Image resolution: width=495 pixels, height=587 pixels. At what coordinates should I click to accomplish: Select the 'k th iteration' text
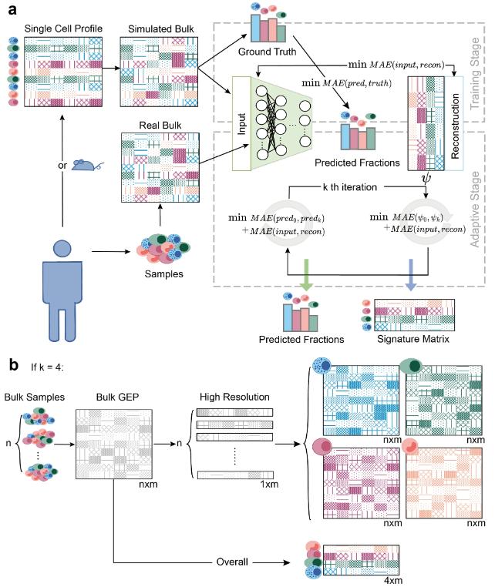356,186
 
